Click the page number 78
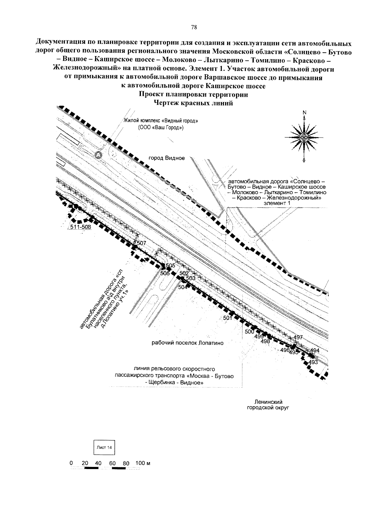(x=194, y=27)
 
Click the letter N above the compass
(x=304, y=112)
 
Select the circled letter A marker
(x=99, y=154)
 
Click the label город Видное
(x=166, y=158)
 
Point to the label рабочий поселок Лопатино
(x=187, y=343)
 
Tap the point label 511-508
(x=80, y=227)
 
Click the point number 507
(x=141, y=243)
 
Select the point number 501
(x=228, y=318)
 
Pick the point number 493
(x=313, y=362)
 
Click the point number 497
(x=298, y=337)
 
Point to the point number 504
(x=183, y=288)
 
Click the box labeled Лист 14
(x=104, y=447)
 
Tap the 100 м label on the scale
(x=143, y=463)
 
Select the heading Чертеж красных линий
(x=193, y=103)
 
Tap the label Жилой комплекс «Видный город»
(x=161, y=121)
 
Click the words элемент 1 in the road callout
(x=277, y=203)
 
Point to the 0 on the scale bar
(x=71, y=463)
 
